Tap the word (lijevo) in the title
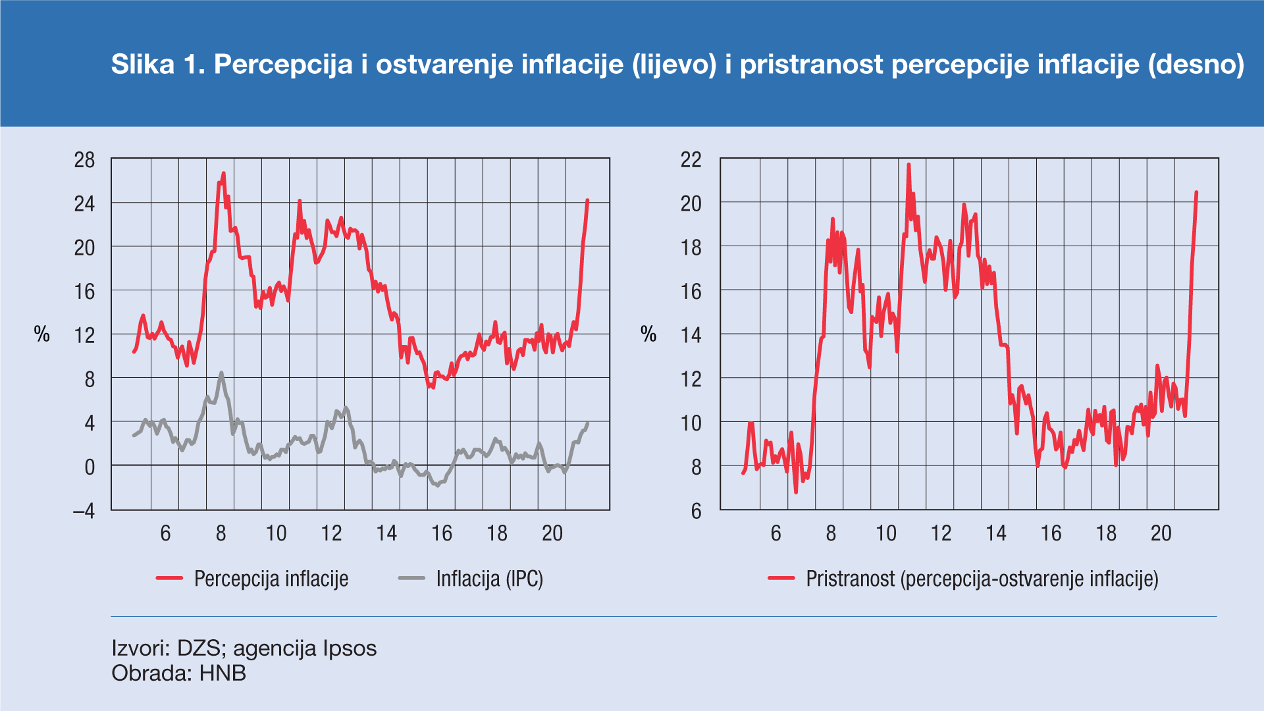[x=674, y=65]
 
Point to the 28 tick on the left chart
[x=84, y=160]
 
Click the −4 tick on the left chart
[x=84, y=512]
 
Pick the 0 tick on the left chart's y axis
[x=90, y=467]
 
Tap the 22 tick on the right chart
[x=691, y=160]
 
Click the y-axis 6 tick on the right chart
[x=696, y=512]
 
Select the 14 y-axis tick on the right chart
[x=691, y=336]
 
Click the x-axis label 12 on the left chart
[x=331, y=533]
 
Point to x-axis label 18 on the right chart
[x=1106, y=533]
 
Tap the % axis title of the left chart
[x=42, y=334]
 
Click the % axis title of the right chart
[x=648, y=334]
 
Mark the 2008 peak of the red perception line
[x=223, y=174]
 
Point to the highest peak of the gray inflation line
[x=221, y=373]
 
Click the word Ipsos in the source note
[x=350, y=648]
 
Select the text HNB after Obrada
[x=223, y=673]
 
